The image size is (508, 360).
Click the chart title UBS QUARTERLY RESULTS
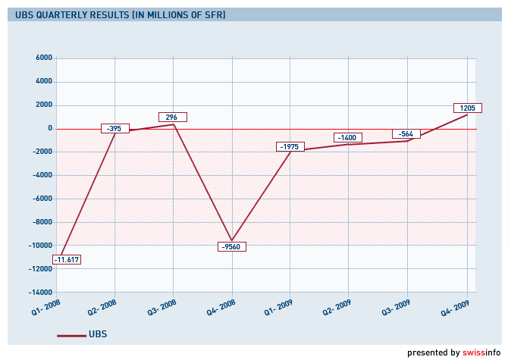tap(120, 14)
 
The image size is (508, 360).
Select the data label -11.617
tap(67, 260)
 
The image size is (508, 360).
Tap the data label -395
tap(114, 129)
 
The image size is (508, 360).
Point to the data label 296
tap(172, 117)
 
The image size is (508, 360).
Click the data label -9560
tap(231, 247)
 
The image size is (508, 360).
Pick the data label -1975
tap(290, 146)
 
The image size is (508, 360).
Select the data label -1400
tap(348, 137)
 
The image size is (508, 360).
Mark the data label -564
tap(406, 134)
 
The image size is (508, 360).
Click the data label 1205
tap(467, 108)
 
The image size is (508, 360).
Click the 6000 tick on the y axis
tap(44, 58)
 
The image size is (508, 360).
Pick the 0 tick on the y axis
tap(49, 128)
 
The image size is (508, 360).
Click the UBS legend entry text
tap(98, 334)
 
